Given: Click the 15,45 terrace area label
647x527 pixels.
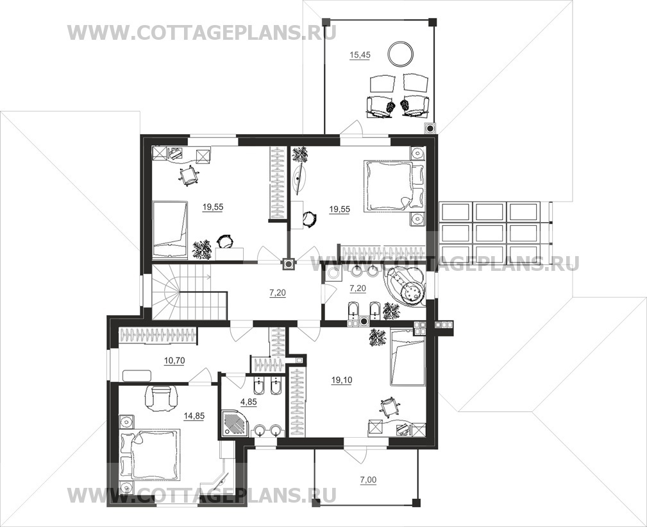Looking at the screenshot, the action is click(359, 55).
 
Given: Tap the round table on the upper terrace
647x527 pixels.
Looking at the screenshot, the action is click(401, 53).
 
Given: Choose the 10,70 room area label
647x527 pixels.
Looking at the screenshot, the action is click(174, 361).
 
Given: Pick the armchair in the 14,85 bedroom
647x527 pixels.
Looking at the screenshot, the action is click(160, 398).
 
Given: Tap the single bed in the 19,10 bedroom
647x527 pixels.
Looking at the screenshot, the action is click(407, 358).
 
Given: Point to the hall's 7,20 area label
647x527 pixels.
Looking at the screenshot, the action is click(277, 293).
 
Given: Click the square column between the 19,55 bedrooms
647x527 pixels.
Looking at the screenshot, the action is click(289, 264).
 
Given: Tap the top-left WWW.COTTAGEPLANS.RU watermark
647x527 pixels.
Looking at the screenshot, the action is click(202, 32).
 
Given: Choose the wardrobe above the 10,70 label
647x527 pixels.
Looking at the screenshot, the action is click(158, 335).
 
